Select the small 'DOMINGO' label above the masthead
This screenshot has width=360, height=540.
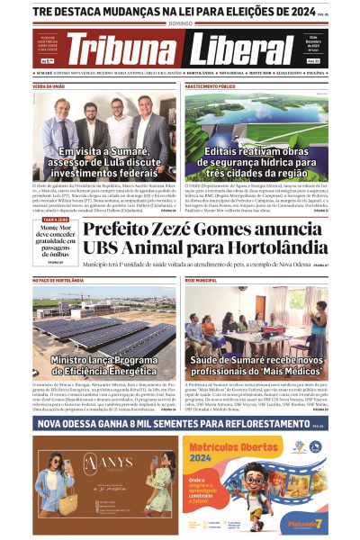pyautogui.click(x=179, y=26)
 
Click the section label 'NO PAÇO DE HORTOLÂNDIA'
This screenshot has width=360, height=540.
pyautogui.click(x=59, y=281)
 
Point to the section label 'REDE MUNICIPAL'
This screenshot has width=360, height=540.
pyautogui.click(x=201, y=281)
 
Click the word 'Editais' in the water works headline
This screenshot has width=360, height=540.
pyautogui.click(x=229, y=153)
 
